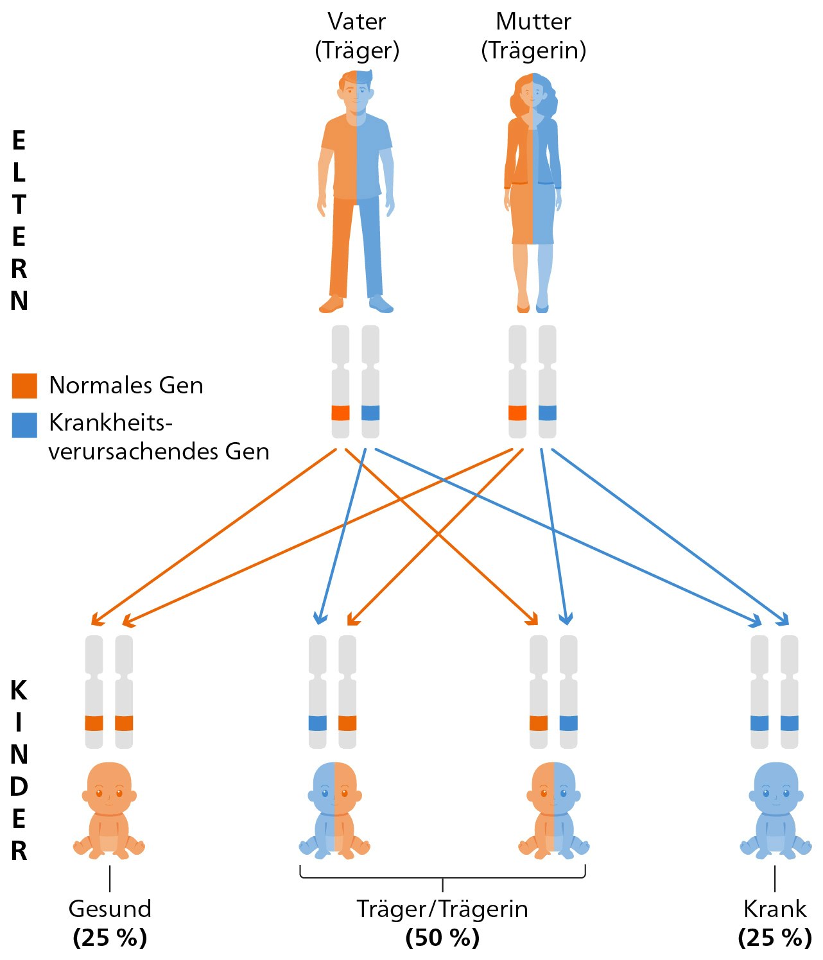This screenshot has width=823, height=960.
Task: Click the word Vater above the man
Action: (357, 22)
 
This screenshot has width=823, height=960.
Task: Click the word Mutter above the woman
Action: (533, 22)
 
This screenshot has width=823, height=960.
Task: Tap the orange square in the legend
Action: (24, 386)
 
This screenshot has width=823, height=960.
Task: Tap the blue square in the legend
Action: (24, 425)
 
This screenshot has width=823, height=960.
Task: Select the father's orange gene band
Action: (341, 413)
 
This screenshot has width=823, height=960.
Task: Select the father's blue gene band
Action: (370, 413)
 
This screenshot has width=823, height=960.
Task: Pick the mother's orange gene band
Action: (517, 413)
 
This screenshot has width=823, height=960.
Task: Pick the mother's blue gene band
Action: (548, 413)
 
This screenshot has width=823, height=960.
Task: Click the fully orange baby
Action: (109, 810)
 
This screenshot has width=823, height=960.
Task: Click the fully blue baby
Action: (775, 810)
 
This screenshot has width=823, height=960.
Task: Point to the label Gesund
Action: (110, 909)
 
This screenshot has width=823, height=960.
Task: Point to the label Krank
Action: (775, 909)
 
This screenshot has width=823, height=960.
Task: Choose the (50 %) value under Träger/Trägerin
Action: (442, 938)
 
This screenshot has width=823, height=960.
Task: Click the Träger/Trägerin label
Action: (442, 909)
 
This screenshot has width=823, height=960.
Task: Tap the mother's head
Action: (532, 94)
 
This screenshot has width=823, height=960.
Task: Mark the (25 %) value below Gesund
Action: (110, 938)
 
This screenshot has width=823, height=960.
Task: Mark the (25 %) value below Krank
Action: (775, 938)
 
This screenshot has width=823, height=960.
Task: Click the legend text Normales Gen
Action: (126, 385)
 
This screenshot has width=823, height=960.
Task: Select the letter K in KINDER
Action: (19, 690)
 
